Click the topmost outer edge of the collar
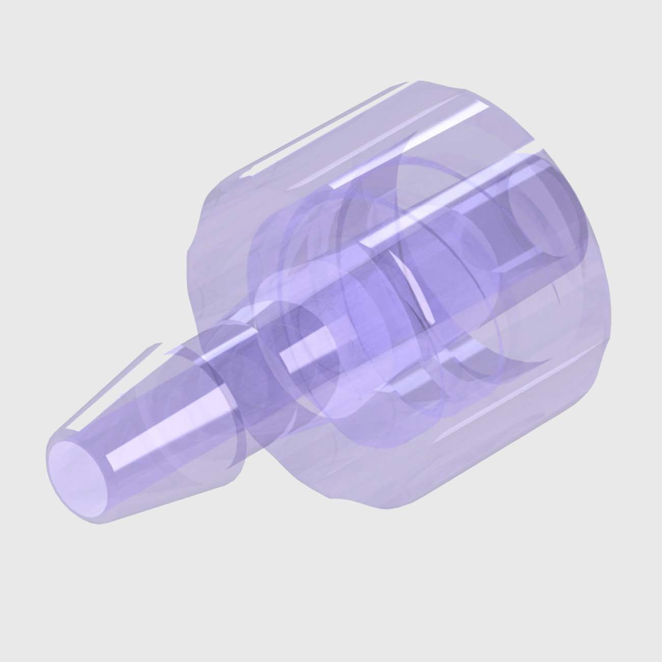tap(418, 81)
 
